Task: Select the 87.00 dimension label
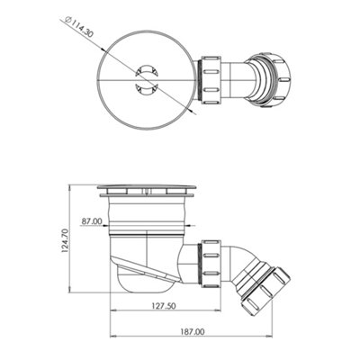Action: point(90,220)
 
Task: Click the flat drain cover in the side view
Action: point(147,191)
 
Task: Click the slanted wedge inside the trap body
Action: point(144,266)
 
